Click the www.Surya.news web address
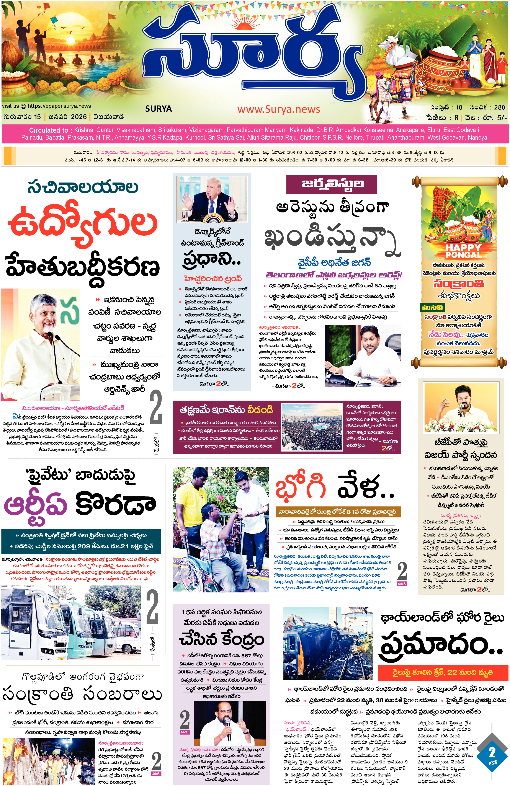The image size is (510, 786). click(278, 109)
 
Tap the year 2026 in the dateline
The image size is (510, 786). click(79, 117)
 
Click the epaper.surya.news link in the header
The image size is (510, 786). click(59, 106)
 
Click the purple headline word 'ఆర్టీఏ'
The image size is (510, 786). click(36, 505)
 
